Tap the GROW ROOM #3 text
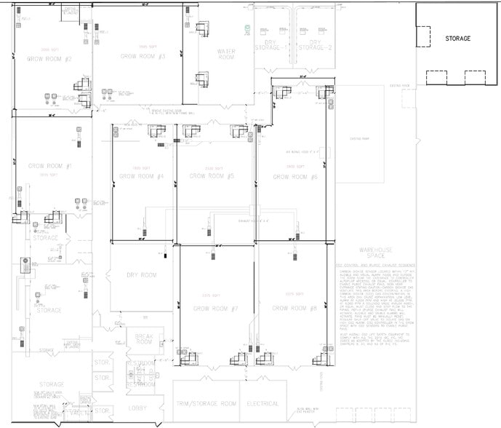(143, 56)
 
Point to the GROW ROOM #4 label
(141, 176)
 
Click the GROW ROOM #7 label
(216, 309)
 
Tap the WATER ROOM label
(226, 55)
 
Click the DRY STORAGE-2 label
(319, 46)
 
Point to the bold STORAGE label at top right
(458, 39)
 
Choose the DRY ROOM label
(141, 275)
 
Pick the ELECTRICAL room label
(262, 403)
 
